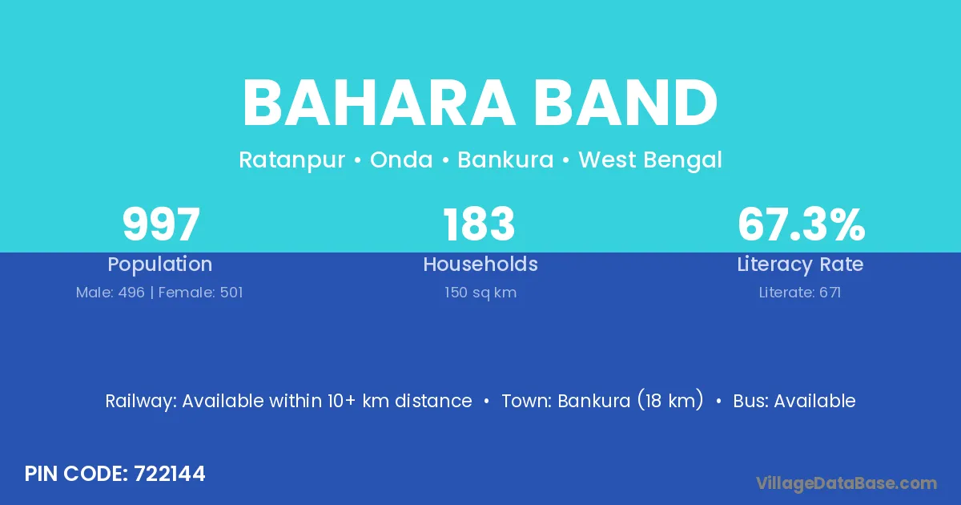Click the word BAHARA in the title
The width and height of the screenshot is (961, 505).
click(378, 103)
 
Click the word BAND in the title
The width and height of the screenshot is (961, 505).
click(625, 103)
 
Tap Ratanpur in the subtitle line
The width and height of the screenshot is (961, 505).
click(292, 160)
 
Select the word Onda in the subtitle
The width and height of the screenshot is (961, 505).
click(401, 160)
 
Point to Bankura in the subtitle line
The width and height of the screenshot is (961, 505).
click(505, 160)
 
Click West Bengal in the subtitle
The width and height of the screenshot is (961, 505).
click(650, 160)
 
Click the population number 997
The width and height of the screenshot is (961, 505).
click(161, 224)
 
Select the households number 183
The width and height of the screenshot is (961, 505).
click(479, 224)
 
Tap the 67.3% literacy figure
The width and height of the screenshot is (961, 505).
click(801, 224)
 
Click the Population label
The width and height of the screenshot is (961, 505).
click(160, 265)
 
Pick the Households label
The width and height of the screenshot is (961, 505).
click(480, 264)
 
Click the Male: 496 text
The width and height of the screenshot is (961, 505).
click(111, 293)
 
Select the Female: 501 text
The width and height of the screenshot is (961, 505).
click(200, 293)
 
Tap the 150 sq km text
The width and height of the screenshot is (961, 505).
click(480, 293)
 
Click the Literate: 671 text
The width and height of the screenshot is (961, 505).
click(800, 293)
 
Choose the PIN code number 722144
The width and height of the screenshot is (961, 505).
click(170, 474)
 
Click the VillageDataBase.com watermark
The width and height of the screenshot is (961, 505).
click(846, 483)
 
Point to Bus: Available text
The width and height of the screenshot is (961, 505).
click(794, 401)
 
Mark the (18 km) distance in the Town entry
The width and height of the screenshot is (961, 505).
click(670, 400)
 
